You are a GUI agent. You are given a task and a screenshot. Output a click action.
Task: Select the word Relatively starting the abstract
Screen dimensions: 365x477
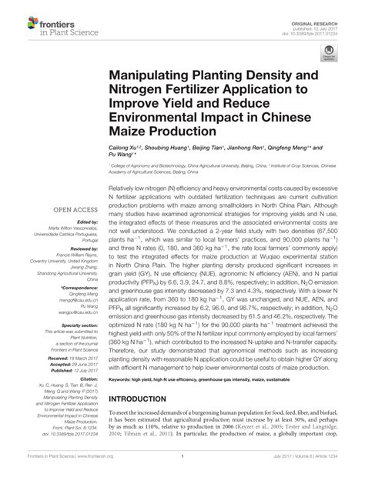coord(126,188)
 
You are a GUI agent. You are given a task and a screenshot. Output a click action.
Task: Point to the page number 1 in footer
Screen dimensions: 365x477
coord(182,465)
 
